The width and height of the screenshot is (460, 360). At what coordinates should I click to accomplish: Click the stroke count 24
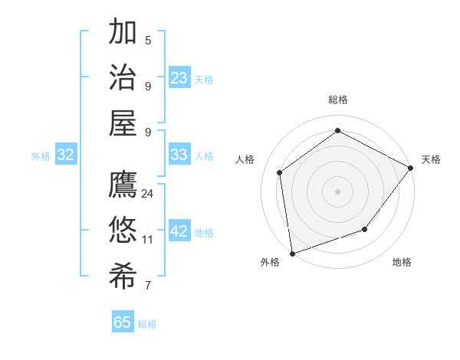pyautogui.click(x=147, y=194)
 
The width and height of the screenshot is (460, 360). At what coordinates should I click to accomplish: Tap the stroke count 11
pyautogui.click(x=147, y=240)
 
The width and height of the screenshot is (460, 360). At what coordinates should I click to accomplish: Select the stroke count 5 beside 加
pyautogui.click(x=147, y=41)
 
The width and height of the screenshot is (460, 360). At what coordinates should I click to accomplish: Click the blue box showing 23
pyautogui.click(x=179, y=78)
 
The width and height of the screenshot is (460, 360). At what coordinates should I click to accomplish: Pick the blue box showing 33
pyautogui.click(x=179, y=155)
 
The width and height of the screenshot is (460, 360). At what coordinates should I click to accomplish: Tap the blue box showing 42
pyautogui.click(x=179, y=231)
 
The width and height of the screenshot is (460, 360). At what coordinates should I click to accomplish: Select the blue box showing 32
pyautogui.click(x=66, y=155)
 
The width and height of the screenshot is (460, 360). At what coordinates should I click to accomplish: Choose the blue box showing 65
pyautogui.click(x=123, y=322)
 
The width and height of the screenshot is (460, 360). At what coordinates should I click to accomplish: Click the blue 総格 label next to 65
pyautogui.click(x=147, y=324)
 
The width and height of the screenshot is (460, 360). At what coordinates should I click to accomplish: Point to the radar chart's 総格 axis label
pyautogui.click(x=337, y=100)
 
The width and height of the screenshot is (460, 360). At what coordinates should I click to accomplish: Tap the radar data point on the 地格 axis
pyautogui.click(x=365, y=229)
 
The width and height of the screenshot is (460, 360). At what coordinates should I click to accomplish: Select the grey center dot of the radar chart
pyautogui.click(x=337, y=191)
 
